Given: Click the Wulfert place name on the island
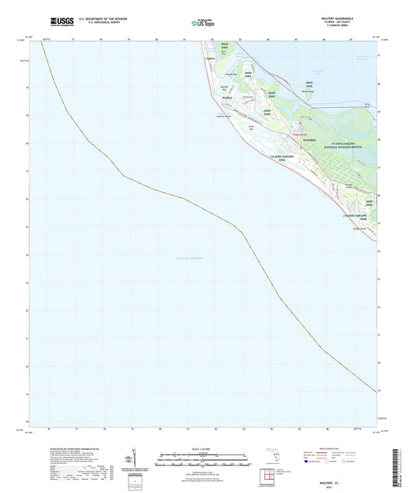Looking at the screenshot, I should (225, 97).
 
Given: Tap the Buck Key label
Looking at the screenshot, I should (223, 53).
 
